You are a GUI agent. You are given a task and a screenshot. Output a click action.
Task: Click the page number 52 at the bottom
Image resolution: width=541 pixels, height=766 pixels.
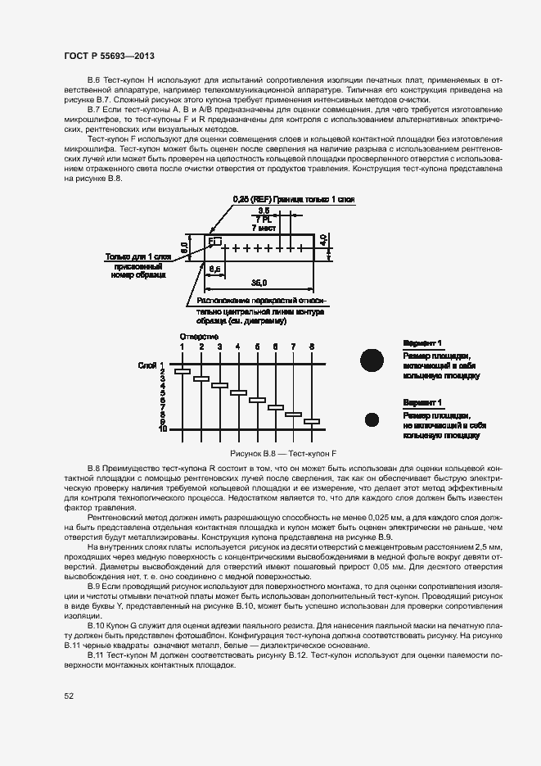click(x=69, y=697)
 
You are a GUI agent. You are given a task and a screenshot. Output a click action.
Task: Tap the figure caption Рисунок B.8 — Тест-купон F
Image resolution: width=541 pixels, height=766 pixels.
click(x=282, y=452)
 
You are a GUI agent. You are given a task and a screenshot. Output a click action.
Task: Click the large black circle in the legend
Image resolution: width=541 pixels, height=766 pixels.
click(x=372, y=360)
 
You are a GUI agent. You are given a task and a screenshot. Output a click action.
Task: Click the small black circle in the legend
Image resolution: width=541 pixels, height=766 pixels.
click(x=372, y=419)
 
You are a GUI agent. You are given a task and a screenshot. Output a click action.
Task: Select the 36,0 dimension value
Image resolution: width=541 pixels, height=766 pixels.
click(x=259, y=283)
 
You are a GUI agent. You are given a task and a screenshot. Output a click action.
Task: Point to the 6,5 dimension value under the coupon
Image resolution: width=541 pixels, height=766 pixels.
click(x=214, y=268)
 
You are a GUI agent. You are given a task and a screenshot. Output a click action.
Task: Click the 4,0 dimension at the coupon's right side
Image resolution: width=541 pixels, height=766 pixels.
click(x=324, y=242)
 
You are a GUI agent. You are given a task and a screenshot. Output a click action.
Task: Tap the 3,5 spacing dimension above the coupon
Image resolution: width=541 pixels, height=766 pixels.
click(x=264, y=211)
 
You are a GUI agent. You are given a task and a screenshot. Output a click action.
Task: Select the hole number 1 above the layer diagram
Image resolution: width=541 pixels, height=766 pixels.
click(x=183, y=347)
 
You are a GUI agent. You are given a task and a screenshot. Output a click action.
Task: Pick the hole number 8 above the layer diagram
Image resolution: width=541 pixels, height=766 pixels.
click(x=312, y=347)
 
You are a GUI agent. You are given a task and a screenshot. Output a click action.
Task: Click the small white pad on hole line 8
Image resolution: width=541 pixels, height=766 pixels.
click(x=312, y=422)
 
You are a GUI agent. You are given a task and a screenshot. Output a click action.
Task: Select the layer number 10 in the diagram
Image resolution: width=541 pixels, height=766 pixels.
click(x=163, y=428)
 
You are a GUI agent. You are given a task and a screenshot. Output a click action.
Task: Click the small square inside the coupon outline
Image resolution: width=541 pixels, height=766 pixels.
click(x=216, y=242)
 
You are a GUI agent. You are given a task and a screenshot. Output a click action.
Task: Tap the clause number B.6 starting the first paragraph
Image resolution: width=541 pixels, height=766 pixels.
click(x=92, y=79)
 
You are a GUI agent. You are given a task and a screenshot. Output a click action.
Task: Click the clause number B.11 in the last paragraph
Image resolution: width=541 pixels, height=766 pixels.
click(x=95, y=656)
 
